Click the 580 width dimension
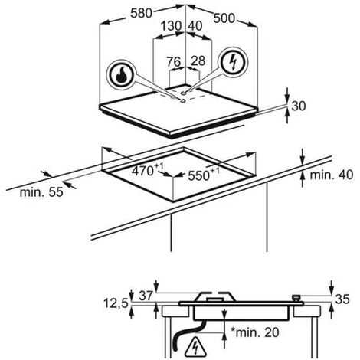(x=141, y=13)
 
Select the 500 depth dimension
(x=224, y=18)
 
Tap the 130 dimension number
(x=171, y=26)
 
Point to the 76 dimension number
(x=174, y=61)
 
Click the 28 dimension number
(x=198, y=61)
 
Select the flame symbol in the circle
(x=121, y=75)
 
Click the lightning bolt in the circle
(x=233, y=62)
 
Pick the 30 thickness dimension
(x=298, y=106)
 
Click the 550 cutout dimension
(x=204, y=175)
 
